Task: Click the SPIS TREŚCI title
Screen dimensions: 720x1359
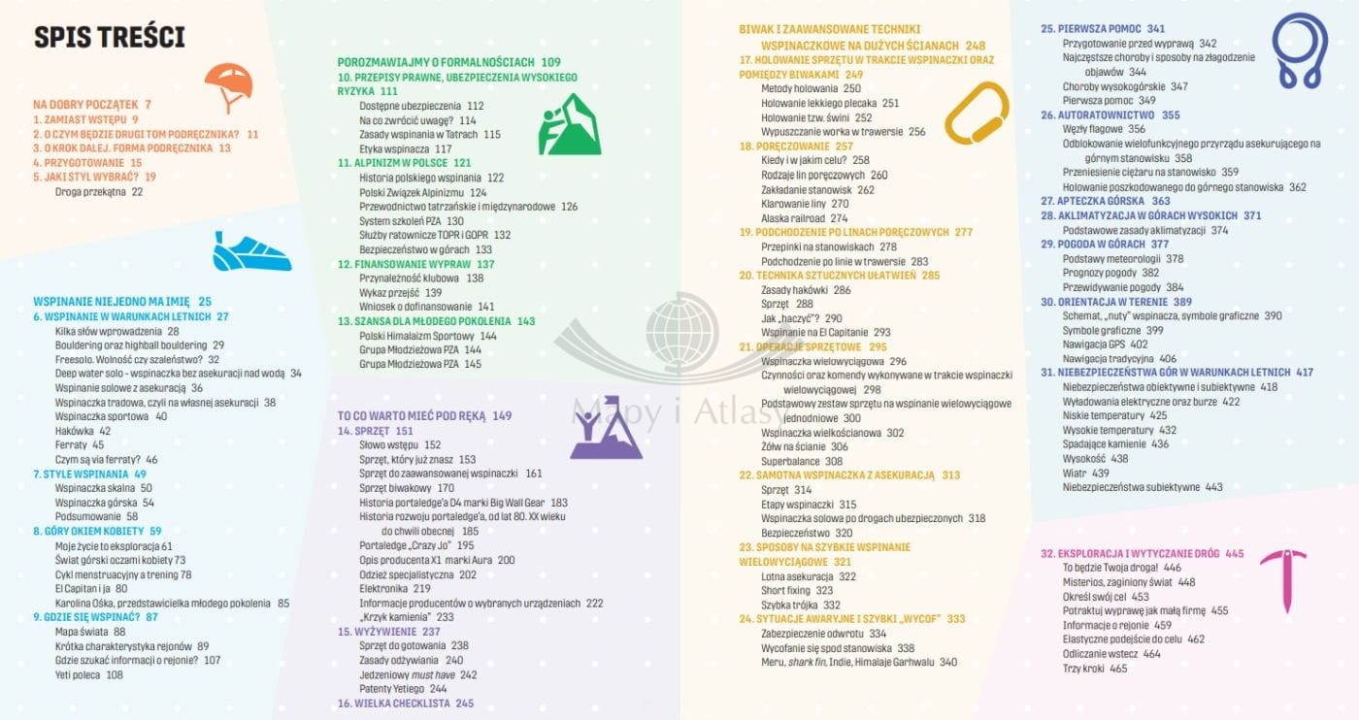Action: [x=110, y=38]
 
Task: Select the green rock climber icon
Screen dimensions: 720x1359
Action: [x=569, y=124]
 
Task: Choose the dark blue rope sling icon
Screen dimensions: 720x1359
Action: [x=1299, y=50]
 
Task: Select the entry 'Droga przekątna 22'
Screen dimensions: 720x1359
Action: [x=98, y=191]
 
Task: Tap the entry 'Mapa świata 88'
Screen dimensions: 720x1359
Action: [x=90, y=631]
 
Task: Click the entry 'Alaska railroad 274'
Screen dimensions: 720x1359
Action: [x=805, y=218]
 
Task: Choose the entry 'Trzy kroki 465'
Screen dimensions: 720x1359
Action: [x=1095, y=668]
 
